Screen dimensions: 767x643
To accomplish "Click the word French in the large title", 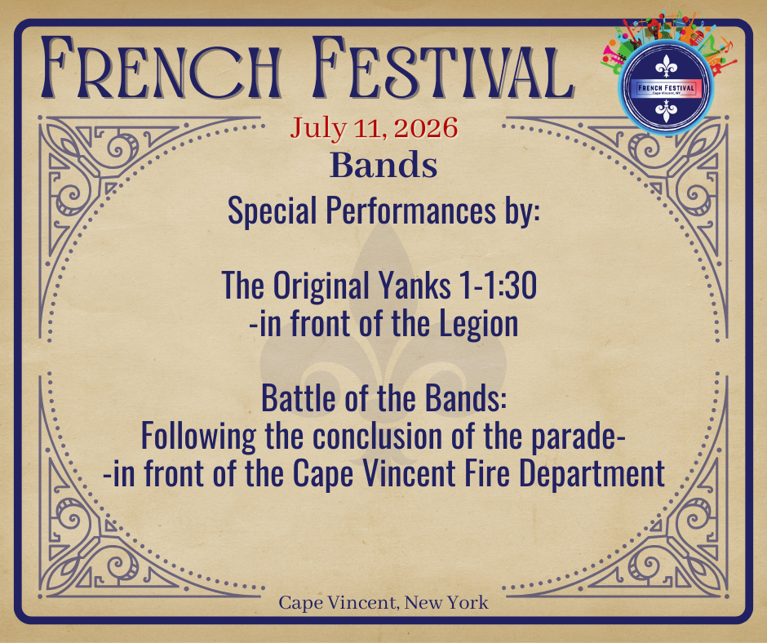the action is (162, 68).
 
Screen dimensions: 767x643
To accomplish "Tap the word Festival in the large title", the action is (443, 68).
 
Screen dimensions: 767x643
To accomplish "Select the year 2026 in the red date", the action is (426, 128).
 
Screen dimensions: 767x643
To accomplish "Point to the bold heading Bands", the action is (383, 166).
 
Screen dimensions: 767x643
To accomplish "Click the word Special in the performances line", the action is (272, 211).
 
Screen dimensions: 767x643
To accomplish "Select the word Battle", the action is (299, 399).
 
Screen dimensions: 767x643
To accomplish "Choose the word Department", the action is (592, 474).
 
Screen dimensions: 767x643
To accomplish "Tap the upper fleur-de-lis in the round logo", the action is (666, 65).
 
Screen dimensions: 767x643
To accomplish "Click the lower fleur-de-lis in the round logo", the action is (666, 111).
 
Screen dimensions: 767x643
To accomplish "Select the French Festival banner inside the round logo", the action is (666, 89).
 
